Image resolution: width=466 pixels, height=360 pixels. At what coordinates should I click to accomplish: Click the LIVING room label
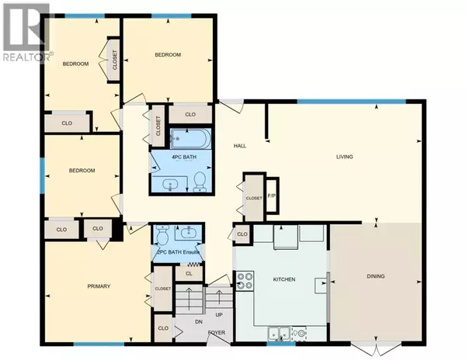point(345,157)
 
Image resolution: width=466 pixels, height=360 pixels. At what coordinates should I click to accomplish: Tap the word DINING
point(376,276)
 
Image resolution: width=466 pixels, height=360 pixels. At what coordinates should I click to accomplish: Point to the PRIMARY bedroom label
point(98,286)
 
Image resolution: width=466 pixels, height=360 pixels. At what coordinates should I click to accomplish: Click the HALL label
point(241,145)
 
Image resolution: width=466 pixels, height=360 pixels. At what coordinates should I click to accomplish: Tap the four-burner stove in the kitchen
point(245,280)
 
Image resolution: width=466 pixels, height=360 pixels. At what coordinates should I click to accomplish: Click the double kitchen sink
point(280,334)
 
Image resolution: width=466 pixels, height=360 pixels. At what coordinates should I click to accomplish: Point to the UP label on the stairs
point(220,315)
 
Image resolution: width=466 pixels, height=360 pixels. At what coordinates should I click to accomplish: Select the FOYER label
point(217,334)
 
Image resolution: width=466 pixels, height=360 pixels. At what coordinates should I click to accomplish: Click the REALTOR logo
point(26,33)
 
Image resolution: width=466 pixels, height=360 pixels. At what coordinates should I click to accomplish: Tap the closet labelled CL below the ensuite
point(189,272)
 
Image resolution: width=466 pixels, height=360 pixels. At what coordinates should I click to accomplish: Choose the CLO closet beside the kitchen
point(242,234)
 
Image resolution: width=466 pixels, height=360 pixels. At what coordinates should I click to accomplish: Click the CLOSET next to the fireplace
point(254,198)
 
